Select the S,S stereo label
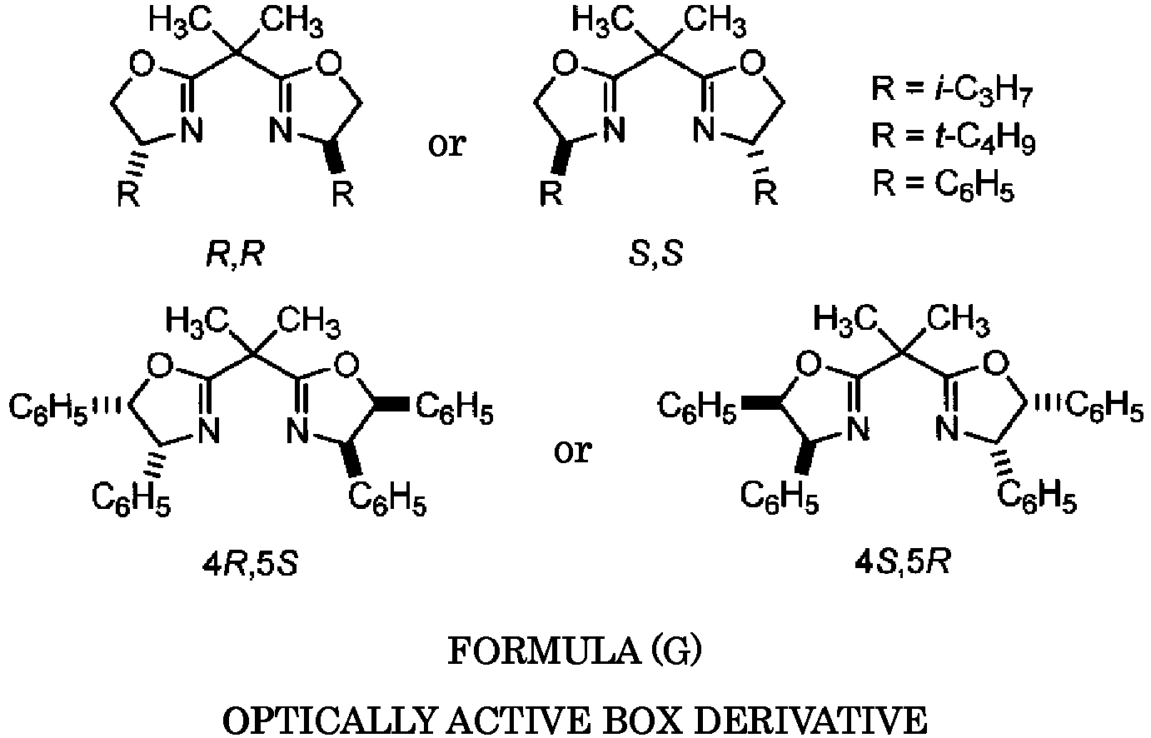(x=656, y=254)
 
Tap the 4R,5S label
(x=250, y=565)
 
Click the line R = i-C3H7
(x=952, y=91)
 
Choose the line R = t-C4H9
(x=953, y=137)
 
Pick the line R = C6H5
(x=944, y=186)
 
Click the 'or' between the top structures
(x=447, y=144)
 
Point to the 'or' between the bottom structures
(x=573, y=451)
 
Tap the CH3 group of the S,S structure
(x=715, y=22)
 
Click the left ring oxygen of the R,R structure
(x=142, y=65)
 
